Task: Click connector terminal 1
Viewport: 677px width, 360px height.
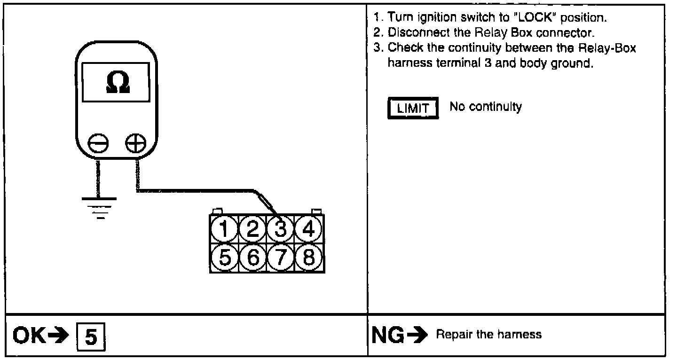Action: pyautogui.click(x=225, y=230)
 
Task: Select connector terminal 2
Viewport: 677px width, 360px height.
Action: pyautogui.click(x=252, y=230)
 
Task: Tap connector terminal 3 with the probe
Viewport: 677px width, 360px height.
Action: pyautogui.click(x=281, y=230)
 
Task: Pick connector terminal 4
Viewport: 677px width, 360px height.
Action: pyautogui.click(x=308, y=230)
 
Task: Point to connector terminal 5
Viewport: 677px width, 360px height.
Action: pyautogui.click(x=225, y=257)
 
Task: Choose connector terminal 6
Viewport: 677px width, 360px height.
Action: pyautogui.click(x=252, y=257)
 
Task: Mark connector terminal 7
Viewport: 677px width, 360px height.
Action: pyautogui.click(x=281, y=257)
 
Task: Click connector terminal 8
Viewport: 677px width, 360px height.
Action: pyautogui.click(x=308, y=257)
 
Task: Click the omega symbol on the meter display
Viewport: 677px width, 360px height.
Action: pyautogui.click(x=116, y=83)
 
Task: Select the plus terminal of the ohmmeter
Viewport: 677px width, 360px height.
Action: pyautogui.click(x=136, y=143)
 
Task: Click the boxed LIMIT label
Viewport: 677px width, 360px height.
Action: pyautogui.click(x=413, y=109)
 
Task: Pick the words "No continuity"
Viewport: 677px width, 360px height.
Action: pyautogui.click(x=486, y=107)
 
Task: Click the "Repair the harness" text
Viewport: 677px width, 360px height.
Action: pyautogui.click(x=489, y=335)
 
